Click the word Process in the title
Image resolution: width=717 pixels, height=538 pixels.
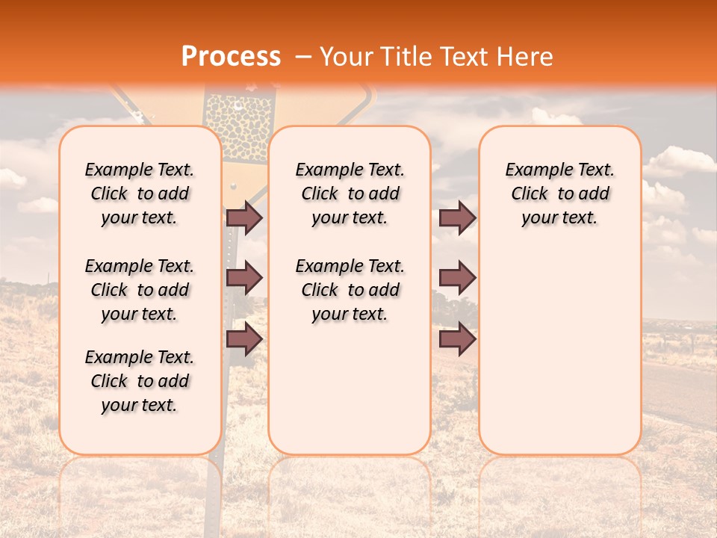[x=230, y=57]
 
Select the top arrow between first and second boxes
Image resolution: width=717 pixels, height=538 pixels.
[x=244, y=217]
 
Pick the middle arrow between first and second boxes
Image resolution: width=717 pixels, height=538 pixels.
[x=244, y=278]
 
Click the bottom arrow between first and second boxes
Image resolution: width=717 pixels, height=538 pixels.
[x=244, y=339]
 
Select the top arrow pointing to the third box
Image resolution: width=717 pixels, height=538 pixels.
[x=457, y=217]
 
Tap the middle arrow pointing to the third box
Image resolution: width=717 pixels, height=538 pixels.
[x=457, y=278]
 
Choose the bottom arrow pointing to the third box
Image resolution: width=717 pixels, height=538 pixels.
[x=457, y=339]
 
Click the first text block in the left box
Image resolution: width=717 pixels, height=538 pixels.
[x=140, y=194]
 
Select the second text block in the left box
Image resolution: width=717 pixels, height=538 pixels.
[x=140, y=290]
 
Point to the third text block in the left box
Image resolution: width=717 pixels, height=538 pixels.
[x=140, y=381]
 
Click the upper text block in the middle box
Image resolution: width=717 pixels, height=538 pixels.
[x=350, y=194]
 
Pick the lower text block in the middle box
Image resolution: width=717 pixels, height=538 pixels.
[x=350, y=290]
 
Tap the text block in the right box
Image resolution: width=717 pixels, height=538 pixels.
[x=559, y=194]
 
